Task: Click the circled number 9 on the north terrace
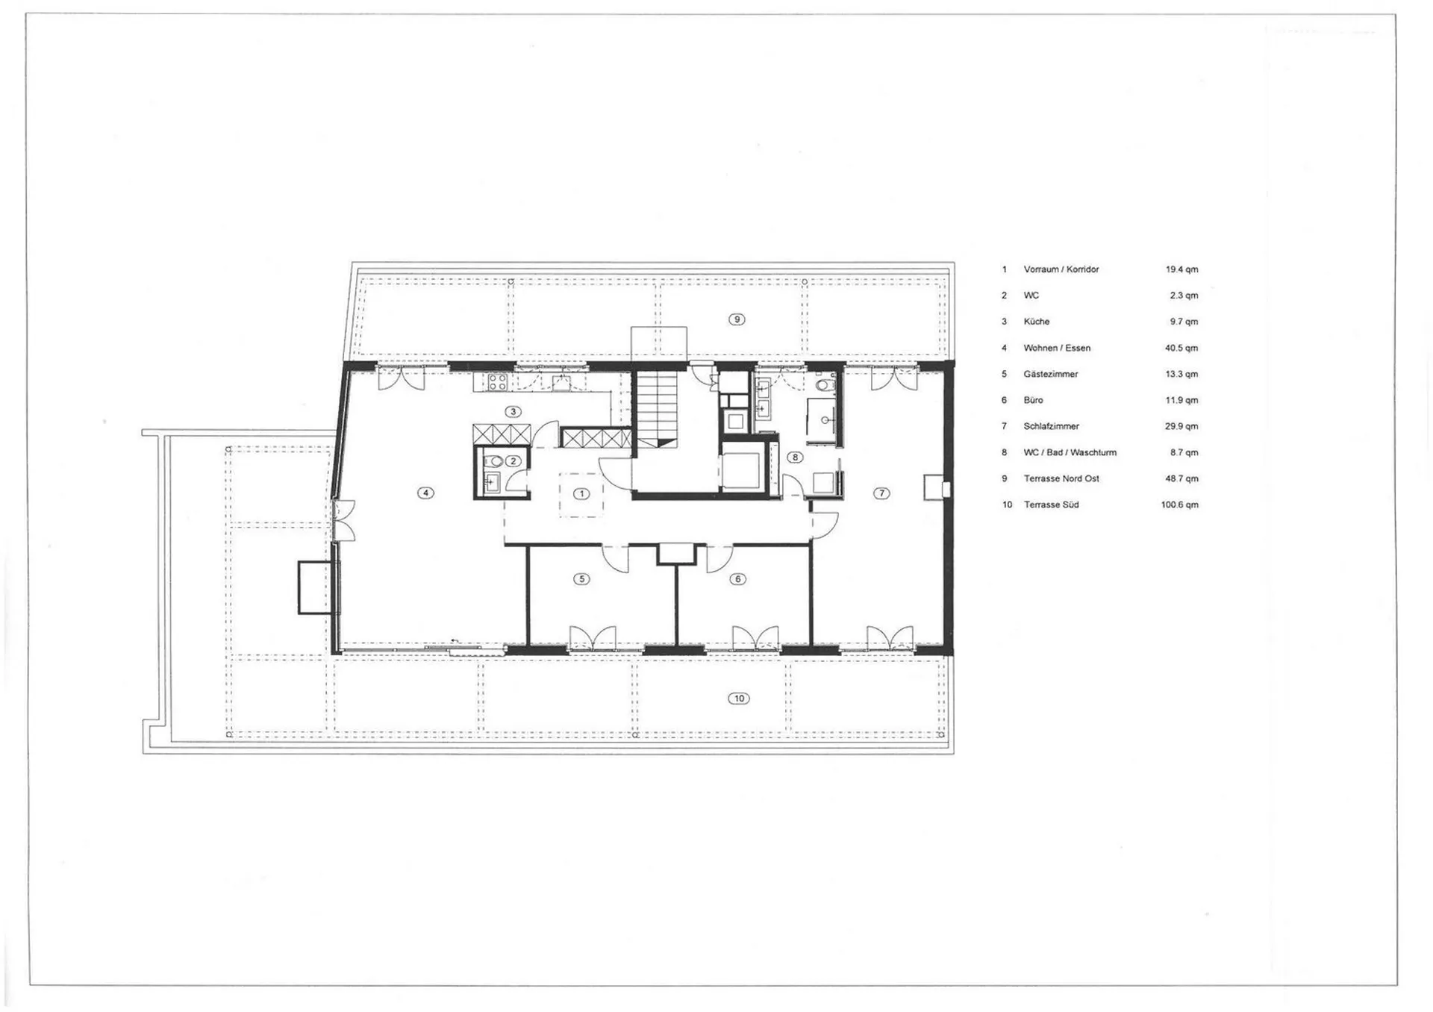pos(737,319)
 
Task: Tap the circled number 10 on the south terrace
pos(738,699)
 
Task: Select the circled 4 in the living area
pos(425,493)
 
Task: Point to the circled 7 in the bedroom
pos(881,493)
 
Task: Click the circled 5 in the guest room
pos(581,579)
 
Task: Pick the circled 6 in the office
pos(737,579)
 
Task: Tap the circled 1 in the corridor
pos(581,494)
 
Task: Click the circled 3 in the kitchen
pos(513,412)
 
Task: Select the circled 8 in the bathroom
pos(796,457)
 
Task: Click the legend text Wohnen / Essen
pos(1057,348)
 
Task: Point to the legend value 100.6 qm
pos(1179,505)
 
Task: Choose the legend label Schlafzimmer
pos(1051,426)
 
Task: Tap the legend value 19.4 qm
pos(1181,269)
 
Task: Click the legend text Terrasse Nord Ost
pos(1061,478)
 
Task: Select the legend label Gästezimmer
pos(1050,374)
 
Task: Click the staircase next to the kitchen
pos(656,410)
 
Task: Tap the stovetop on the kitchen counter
pos(497,383)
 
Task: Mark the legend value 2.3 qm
pos(1184,296)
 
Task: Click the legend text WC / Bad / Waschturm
pos(1070,452)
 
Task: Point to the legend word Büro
pos(1033,400)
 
